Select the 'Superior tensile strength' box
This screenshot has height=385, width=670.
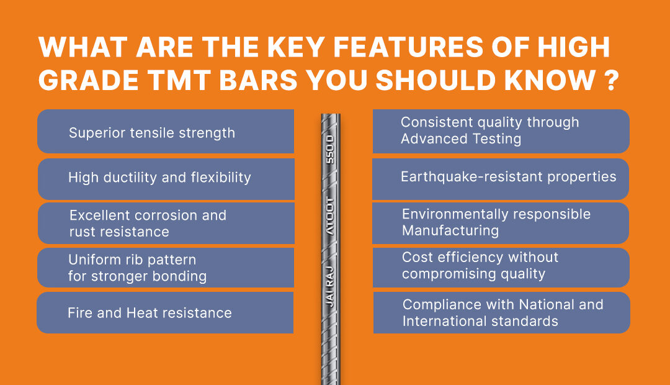click(x=165, y=132)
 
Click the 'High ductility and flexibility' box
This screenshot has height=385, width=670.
click(x=165, y=178)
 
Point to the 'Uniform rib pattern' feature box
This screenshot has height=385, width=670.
click(x=165, y=268)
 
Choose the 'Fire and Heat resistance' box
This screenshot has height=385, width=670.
click(x=165, y=312)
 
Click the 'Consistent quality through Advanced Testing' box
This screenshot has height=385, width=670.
click(x=501, y=131)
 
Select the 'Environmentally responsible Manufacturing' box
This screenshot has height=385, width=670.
click(x=501, y=222)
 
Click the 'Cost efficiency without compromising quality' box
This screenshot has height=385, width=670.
click(x=501, y=266)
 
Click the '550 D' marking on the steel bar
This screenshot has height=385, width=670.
click(x=330, y=148)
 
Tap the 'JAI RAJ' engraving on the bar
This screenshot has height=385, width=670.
click(x=330, y=289)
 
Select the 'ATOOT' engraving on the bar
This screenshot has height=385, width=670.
click(x=330, y=214)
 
